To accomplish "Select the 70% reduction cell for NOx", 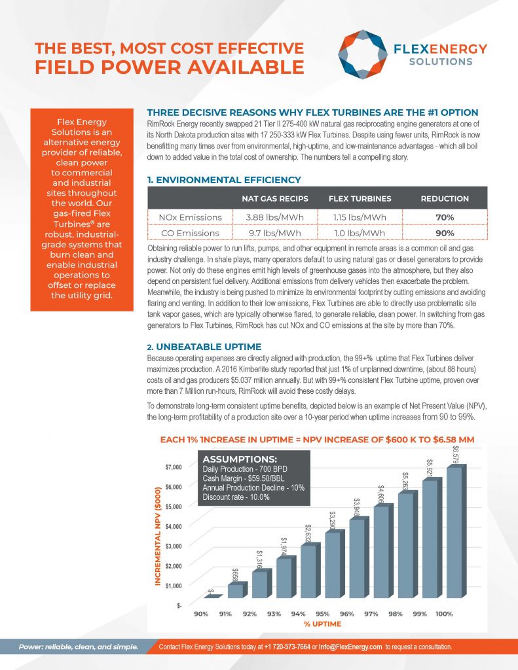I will (x=445, y=217).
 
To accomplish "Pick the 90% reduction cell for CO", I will (x=445, y=233).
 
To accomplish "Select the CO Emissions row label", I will (x=189, y=233).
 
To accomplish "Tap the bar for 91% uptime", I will (x=235, y=590).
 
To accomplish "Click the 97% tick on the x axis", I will (x=371, y=614).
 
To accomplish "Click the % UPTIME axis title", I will (x=322, y=624).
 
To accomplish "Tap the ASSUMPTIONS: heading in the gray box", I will (x=239, y=459).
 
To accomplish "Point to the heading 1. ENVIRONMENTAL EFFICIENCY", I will (x=225, y=179).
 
